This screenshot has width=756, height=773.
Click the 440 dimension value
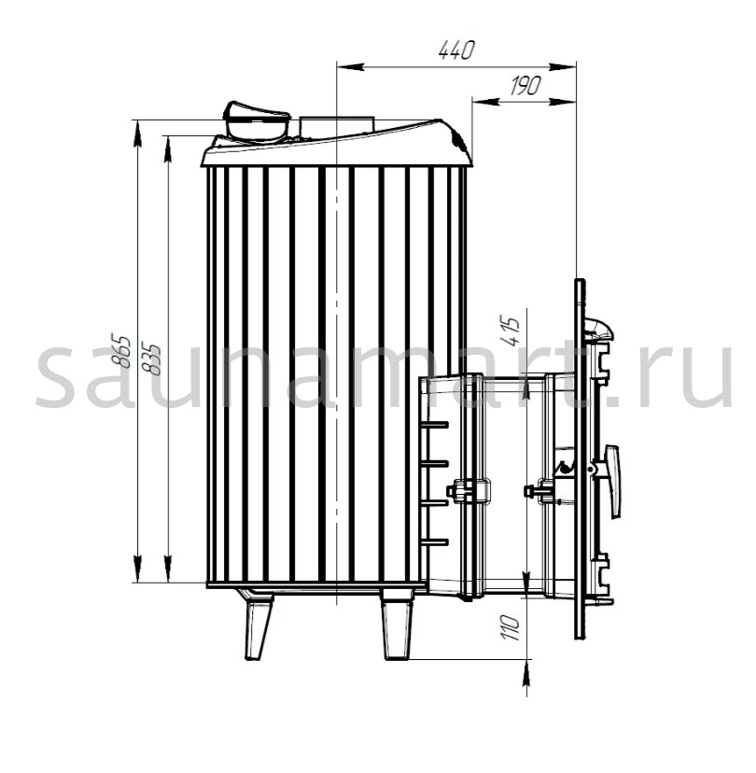click(456, 50)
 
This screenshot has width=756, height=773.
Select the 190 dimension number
click(525, 86)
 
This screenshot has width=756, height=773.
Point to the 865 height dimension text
click(121, 352)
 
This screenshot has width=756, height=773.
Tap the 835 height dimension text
click(151, 358)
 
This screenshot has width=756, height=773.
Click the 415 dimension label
click(511, 331)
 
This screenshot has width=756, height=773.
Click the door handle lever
click(612, 481)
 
